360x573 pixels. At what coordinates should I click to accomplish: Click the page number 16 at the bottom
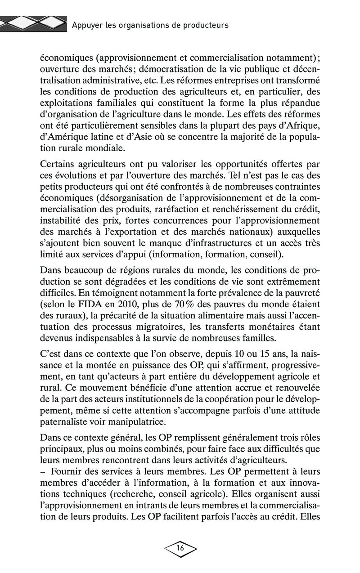click(x=180, y=548)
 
